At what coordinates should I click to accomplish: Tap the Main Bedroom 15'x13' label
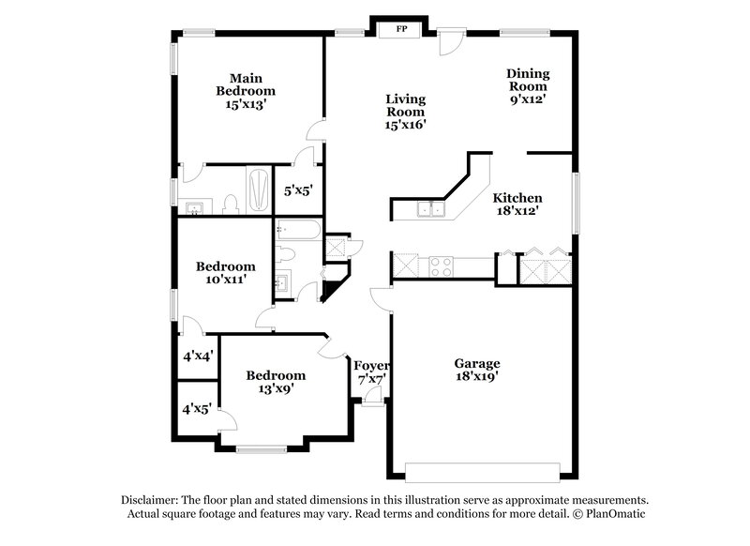coord(246,91)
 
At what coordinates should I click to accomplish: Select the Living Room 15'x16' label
coord(406,111)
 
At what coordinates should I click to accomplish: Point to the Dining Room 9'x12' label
coord(528,85)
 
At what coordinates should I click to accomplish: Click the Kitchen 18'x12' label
coord(517,205)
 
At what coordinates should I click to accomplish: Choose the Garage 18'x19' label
coord(477,371)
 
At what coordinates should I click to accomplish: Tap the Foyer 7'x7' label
coord(371,372)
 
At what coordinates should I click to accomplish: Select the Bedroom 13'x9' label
coord(276,382)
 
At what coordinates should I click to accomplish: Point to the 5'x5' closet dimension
coord(298,190)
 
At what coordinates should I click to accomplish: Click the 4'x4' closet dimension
coord(197,356)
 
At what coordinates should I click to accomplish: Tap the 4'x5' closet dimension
coord(197,409)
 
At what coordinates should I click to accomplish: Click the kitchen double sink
coord(431,209)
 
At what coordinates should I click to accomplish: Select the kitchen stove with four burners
coord(441,266)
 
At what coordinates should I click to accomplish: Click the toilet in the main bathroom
coord(230,204)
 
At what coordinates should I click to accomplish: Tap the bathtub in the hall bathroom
coord(299,230)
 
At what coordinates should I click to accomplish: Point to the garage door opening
coord(482,471)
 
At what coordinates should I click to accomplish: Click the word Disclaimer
coord(152,500)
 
